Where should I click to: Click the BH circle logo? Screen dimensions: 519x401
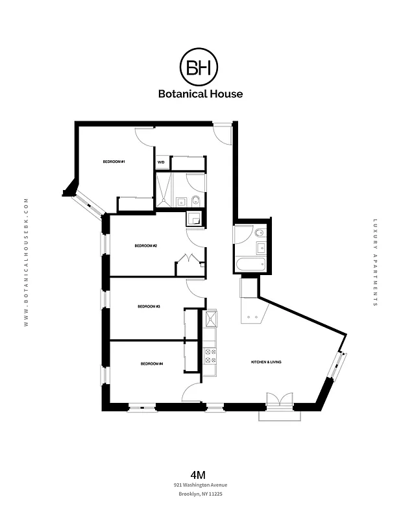pyautogui.click(x=200, y=66)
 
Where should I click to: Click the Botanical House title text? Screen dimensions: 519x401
pyautogui.click(x=200, y=93)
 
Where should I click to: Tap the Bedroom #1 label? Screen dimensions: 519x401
pyautogui.click(x=114, y=162)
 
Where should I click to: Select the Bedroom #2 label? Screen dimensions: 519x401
pyautogui.click(x=146, y=246)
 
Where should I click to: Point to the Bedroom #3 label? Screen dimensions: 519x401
pyautogui.click(x=149, y=306)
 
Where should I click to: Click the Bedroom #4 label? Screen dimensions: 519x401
pyautogui.click(x=151, y=364)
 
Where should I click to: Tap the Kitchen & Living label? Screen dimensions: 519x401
pyautogui.click(x=266, y=361)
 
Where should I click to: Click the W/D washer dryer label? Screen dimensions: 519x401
pyautogui.click(x=161, y=162)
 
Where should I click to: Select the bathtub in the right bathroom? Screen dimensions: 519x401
pyautogui.click(x=250, y=265)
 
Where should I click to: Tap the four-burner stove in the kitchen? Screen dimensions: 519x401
pyautogui.click(x=211, y=355)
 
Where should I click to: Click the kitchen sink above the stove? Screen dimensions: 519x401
pyautogui.click(x=211, y=319)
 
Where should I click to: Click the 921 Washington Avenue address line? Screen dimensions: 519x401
pyautogui.click(x=200, y=485)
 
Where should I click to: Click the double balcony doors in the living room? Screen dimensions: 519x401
pyautogui.click(x=280, y=400)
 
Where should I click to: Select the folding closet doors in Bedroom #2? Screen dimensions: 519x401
pyautogui.click(x=188, y=259)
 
